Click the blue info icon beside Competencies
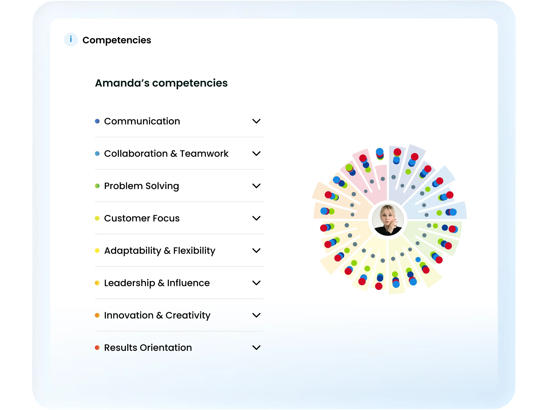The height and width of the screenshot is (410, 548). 71,40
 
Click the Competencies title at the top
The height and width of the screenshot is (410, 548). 117,40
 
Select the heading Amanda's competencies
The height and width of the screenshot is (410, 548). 161,83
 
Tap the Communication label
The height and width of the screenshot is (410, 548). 142,121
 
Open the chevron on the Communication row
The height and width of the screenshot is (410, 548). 256,121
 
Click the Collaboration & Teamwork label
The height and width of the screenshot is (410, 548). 166,154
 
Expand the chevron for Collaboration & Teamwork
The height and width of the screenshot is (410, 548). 256,154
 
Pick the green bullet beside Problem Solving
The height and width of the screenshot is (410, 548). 97,186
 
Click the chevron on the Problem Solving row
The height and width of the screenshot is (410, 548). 256,186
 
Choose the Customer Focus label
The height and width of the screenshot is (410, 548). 142,218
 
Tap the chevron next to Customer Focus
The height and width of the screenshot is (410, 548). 256,218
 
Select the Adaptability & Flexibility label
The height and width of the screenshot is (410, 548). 160,251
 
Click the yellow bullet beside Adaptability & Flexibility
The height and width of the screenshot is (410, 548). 97,251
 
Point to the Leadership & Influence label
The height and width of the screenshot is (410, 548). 157,283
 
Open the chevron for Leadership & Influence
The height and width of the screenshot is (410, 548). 256,283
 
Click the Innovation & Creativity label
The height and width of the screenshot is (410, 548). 157,315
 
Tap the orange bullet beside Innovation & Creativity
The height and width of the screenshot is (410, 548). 97,315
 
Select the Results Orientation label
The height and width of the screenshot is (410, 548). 148,348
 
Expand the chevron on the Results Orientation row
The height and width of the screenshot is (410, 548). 256,348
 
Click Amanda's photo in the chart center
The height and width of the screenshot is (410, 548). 388,220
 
